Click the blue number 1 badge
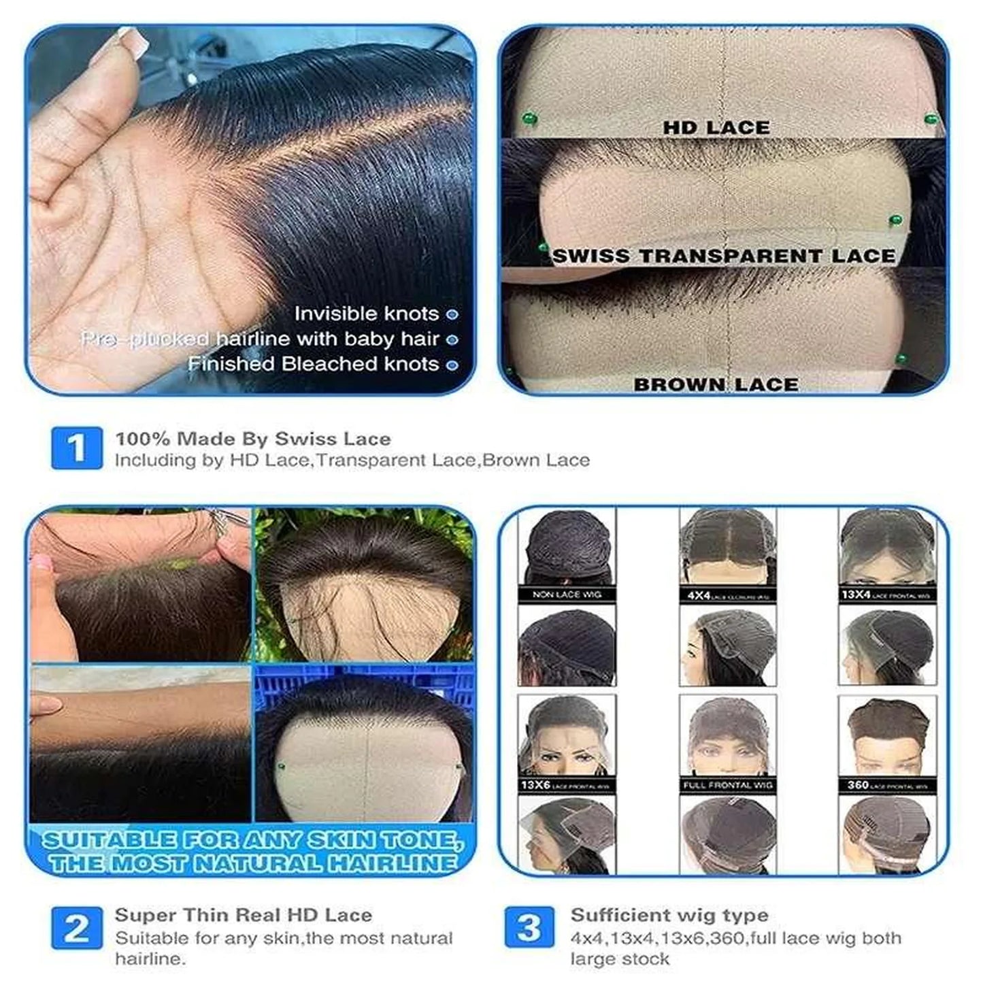pos(77,448)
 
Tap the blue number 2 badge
pos(77,928)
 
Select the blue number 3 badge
pos(529,928)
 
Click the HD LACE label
pos(716,127)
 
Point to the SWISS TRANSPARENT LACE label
pos(724,256)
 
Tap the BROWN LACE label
pos(716,384)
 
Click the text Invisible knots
pos(366,314)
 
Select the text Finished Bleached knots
pos(313,364)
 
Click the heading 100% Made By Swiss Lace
pos(252,439)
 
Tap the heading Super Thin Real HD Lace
pos(243,915)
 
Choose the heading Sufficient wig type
pos(669,915)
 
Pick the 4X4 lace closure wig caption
pos(727,595)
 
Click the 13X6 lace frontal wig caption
pos(566,785)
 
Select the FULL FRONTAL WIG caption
pos(727,785)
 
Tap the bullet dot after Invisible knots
pos(452,314)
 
